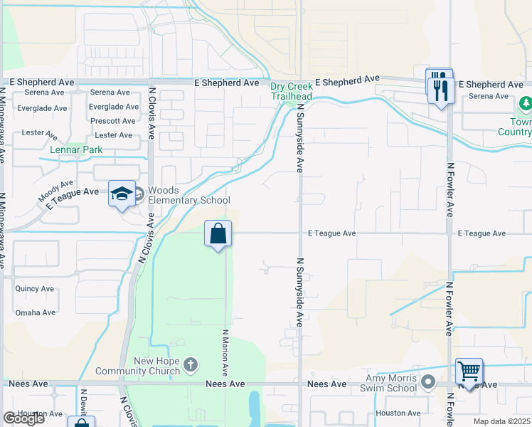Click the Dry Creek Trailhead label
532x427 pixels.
pyautogui.click(x=291, y=91)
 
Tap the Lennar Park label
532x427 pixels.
pyautogui.click(x=76, y=149)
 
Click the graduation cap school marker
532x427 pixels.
pyautogui.click(x=122, y=194)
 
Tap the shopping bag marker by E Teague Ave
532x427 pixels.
pyautogui.click(x=218, y=234)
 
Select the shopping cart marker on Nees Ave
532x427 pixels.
pyautogui.click(x=469, y=371)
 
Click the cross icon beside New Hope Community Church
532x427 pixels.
pyautogui.click(x=190, y=365)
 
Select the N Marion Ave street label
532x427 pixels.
pyautogui.click(x=225, y=352)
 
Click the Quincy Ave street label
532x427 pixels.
pyautogui.click(x=35, y=289)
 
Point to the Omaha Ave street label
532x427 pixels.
pyautogui.click(x=35, y=312)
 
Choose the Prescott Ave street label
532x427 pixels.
pyautogui.click(x=113, y=121)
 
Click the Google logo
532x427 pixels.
pyautogui.click(x=23, y=418)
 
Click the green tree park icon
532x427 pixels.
pyautogui.click(x=526, y=105)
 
